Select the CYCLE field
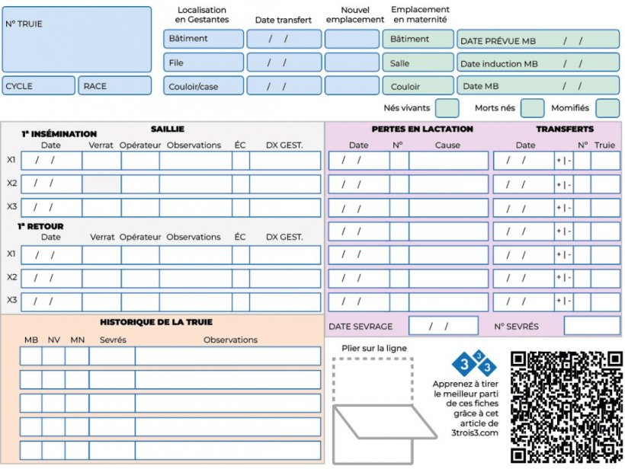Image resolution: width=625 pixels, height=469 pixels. [x=39, y=86]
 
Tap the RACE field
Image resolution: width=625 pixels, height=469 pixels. [x=115, y=86]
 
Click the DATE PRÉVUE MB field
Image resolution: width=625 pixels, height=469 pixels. [x=538, y=40]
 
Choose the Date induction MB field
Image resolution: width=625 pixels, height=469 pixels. [x=538, y=63]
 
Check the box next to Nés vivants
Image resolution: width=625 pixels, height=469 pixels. [x=447, y=108]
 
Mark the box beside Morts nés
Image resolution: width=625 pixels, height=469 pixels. [x=532, y=108]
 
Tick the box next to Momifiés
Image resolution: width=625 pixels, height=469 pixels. [x=607, y=108]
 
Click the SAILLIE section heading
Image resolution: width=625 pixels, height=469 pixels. [x=167, y=129]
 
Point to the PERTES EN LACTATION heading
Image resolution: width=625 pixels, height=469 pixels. [x=422, y=129]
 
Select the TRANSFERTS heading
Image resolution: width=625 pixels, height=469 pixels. [x=564, y=129]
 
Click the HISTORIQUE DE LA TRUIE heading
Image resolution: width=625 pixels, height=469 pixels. [x=156, y=323]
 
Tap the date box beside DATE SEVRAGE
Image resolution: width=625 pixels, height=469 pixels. [x=443, y=326]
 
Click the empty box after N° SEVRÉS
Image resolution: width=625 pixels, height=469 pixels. [x=591, y=326]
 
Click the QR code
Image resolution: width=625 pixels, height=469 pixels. [x=566, y=407]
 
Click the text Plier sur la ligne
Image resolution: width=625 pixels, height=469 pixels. [x=374, y=349]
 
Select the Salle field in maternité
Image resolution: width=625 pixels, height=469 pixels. [x=418, y=63]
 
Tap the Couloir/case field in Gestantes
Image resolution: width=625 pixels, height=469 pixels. [x=203, y=86]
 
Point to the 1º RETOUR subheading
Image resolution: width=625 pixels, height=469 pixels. [x=40, y=226]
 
